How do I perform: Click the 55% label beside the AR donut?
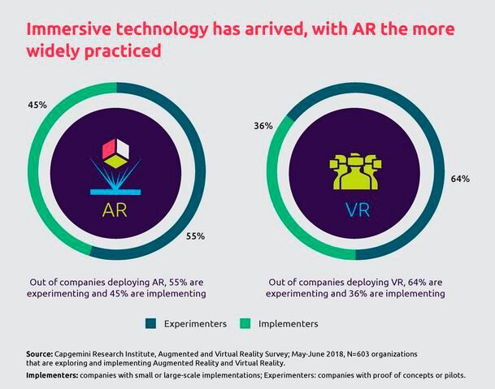(194, 236)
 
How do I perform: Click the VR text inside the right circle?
(355, 210)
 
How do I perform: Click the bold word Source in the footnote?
(41, 354)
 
